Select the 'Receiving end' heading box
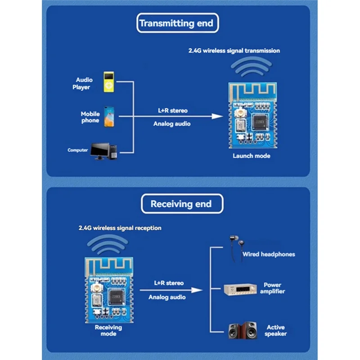[x=180, y=204]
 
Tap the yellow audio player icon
[x=108, y=81]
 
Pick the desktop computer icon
[x=103, y=152]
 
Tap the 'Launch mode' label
[x=251, y=156]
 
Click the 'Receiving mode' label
[x=108, y=331]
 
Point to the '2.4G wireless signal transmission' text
[x=234, y=51]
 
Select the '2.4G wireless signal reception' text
[x=117, y=228]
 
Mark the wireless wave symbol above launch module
[x=251, y=68]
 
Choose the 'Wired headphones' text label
[x=269, y=254]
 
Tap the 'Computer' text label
[x=77, y=150]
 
